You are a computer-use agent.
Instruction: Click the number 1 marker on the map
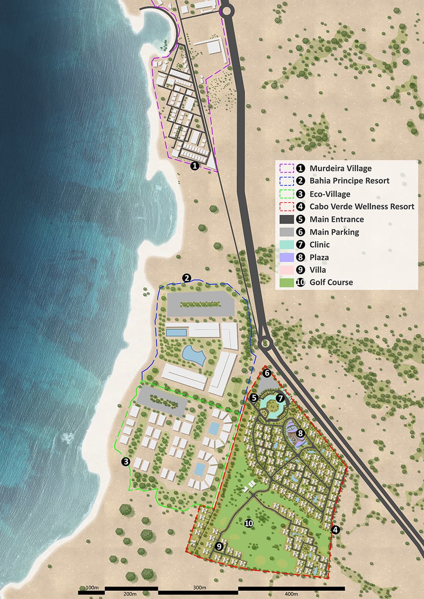(194, 166)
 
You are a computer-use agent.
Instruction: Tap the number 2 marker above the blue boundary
(187, 278)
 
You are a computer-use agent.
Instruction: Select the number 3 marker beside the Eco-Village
(125, 462)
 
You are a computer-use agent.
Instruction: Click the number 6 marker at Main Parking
(267, 373)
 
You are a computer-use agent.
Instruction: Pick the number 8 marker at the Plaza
(300, 433)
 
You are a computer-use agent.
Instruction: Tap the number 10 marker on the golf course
(249, 523)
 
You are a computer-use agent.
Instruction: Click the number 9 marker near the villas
(219, 546)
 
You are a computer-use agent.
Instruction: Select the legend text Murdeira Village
(340, 168)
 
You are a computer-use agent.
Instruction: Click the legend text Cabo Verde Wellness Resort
(362, 206)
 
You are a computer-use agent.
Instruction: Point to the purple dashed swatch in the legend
(287, 168)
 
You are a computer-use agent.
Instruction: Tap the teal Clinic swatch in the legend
(287, 244)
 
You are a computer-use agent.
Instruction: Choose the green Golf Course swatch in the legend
(287, 282)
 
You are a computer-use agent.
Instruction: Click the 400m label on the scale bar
(291, 594)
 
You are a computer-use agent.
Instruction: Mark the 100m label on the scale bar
(92, 588)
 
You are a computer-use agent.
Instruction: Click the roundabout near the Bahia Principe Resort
(265, 342)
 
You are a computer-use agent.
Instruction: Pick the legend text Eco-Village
(330, 194)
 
